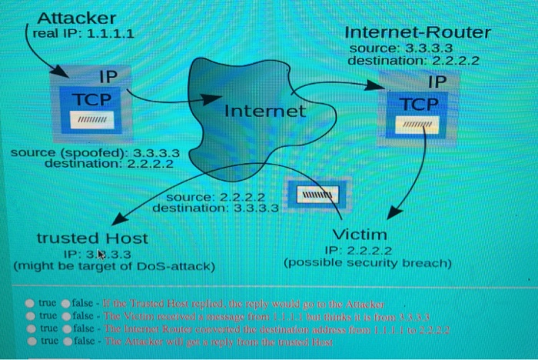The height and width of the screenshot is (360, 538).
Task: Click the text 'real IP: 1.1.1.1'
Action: click(x=85, y=34)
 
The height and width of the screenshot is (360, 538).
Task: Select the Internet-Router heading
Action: click(x=417, y=33)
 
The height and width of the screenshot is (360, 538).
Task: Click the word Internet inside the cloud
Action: click(x=264, y=112)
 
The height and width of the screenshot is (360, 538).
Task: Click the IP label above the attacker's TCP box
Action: click(x=109, y=77)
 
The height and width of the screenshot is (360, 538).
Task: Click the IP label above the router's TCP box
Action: click(x=436, y=81)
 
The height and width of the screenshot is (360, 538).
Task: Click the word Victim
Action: click(x=360, y=234)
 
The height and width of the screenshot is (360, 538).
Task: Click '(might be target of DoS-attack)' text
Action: click(x=114, y=266)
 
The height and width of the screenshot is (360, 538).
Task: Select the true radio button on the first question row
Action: click(x=30, y=304)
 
